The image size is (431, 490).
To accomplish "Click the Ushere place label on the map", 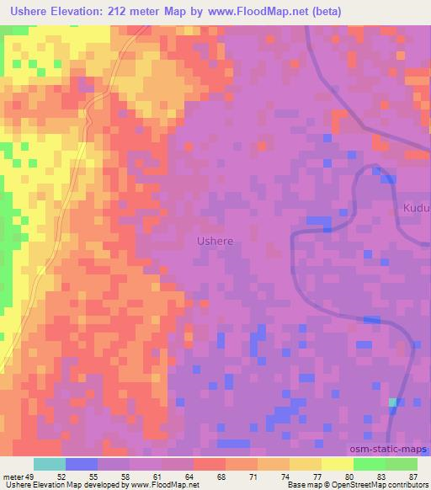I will [x=215, y=241].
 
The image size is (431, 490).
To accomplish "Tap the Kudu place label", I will [x=416, y=207].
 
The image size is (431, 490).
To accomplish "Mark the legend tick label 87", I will [x=412, y=477].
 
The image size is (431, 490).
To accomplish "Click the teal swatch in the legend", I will [x=49, y=464].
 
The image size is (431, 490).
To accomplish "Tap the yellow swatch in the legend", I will [x=337, y=464].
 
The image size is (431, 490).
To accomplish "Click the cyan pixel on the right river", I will [x=392, y=402].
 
